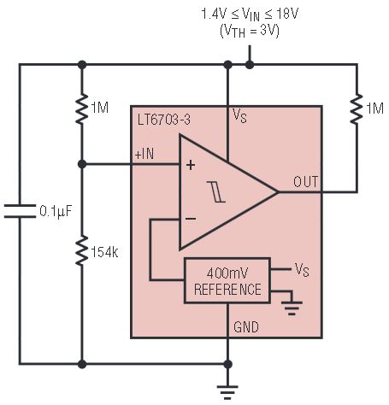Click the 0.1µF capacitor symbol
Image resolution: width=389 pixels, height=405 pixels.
click(x=20, y=211)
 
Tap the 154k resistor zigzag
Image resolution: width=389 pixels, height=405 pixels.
click(x=82, y=250)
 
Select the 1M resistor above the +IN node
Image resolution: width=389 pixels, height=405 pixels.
click(x=82, y=109)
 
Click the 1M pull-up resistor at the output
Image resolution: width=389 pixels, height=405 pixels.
click(x=357, y=109)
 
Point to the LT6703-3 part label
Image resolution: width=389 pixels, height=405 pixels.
click(x=164, y=120)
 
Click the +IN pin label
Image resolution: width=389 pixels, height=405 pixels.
click(x=144, y=155)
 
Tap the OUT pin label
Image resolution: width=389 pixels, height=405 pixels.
click(x=305, y=182)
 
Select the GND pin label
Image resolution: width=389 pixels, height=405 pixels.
click(x=246, y=327)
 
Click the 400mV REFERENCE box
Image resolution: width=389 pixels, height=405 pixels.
click(x=227, y=280)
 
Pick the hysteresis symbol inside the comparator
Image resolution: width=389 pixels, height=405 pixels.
click(x=216, y=191)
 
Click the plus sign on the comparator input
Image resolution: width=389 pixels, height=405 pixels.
click(x=191, y=165)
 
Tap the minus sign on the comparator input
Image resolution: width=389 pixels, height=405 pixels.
click(x=191, y=219)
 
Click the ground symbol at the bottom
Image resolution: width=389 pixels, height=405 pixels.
click(x=227, y=392)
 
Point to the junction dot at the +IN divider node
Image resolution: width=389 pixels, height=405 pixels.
click(x=82, y=164)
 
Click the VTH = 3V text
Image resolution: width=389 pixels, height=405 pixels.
click(x=250, y=31)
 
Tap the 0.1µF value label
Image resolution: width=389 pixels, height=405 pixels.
click(x=56, y=212)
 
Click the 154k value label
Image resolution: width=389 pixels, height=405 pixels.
click(x=104, y=252)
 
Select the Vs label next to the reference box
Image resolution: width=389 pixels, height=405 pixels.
click(x=302, y=270)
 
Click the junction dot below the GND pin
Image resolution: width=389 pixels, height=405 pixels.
click(x=227, y=364)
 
